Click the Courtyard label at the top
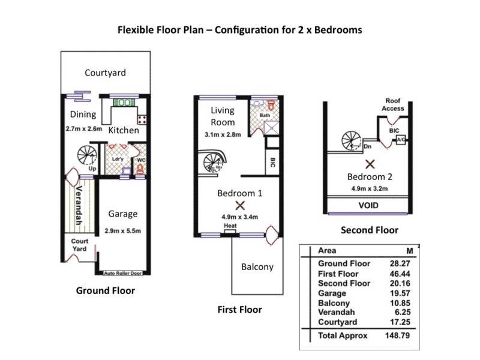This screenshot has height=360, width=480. (x=105, y=73)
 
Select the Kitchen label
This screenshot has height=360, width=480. (x=124, y=130)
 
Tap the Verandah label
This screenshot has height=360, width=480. (x=79, y=203)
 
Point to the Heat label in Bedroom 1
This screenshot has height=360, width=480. (x=230, y=226)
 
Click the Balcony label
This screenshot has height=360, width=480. (x=257, y=267)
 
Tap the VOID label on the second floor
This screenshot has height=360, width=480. (x=368, y=205)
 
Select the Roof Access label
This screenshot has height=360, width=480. (x=393, y=104)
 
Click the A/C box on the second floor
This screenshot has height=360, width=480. (x=400, y=140)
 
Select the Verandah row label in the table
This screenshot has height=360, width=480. (x=336, y=313)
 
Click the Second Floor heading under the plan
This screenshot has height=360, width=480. (x=369, y=230)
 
